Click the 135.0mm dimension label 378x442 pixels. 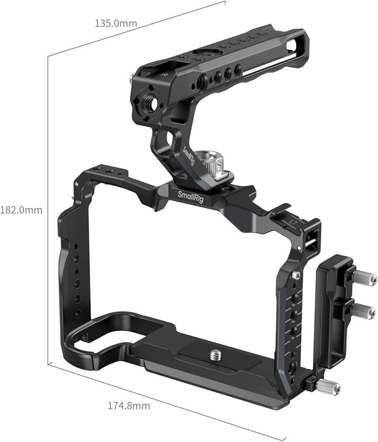116,23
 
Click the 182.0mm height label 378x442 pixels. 21,210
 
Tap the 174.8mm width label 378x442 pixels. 129,406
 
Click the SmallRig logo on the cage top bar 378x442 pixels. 190,196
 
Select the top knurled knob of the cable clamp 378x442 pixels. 365,278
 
